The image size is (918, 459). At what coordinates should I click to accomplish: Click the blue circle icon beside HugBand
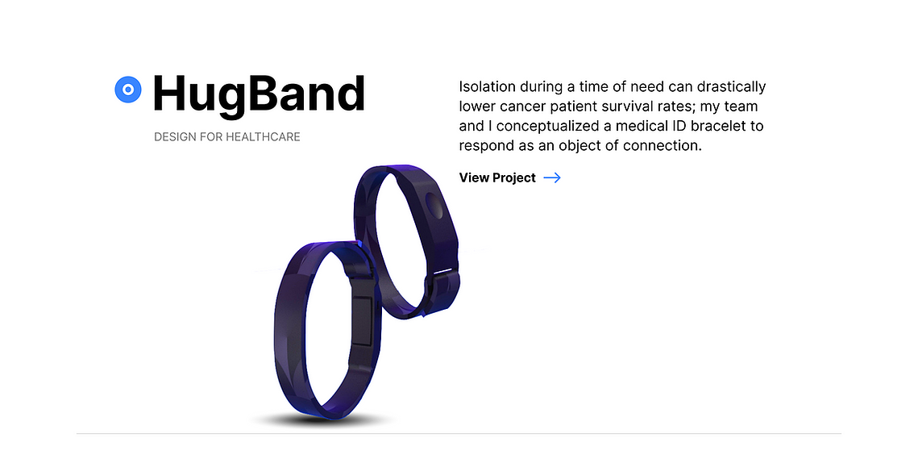pyautogui.click(x=128, y=90)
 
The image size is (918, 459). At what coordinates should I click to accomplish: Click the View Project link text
pyautogui.click(x=497, y=177)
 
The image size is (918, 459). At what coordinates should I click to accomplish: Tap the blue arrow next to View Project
pyautogui.click(x=552, y=177)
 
